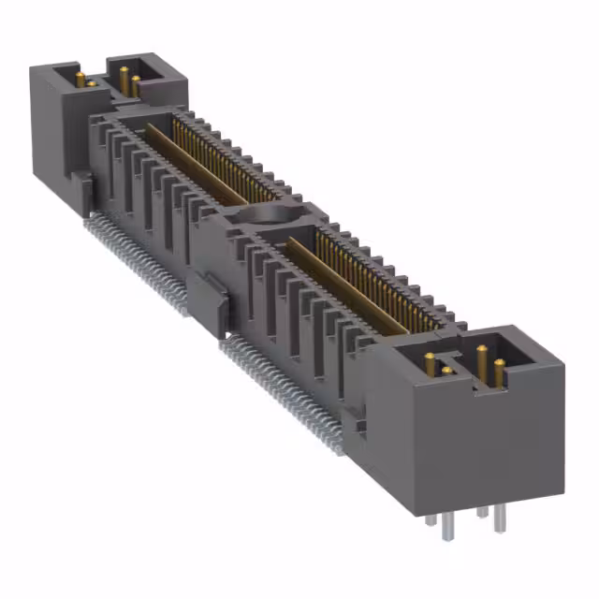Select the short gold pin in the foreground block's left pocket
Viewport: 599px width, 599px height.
click(x=446, y=372)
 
